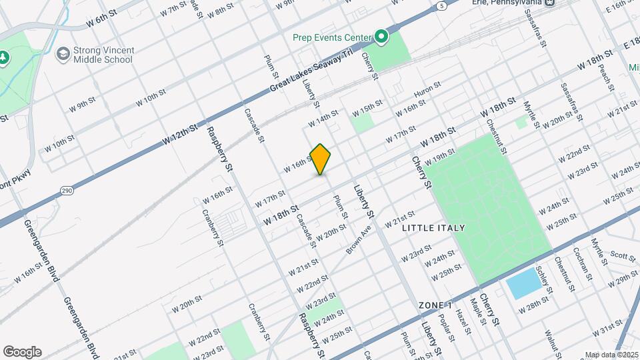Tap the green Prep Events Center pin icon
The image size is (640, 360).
click(381, 37)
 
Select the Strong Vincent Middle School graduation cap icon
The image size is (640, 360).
click(63, 53)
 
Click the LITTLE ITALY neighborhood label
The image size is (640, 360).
click(434, 228)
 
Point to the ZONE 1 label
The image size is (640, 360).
click(436, 305)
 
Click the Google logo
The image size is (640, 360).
click(22, 352)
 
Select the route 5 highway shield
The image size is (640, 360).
click(442, 6)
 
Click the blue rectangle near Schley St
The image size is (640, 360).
click(523, 285)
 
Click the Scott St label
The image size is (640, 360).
click(622, 255)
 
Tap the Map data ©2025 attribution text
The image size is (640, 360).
click(611, 355)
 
